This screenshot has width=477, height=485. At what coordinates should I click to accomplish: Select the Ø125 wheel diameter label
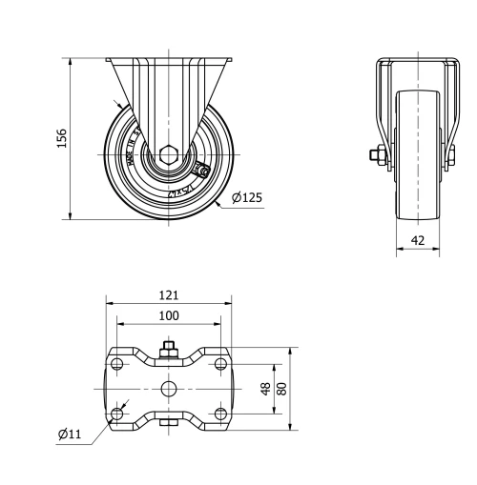[246, 198]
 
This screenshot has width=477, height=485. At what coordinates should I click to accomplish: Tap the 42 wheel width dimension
[417, 240]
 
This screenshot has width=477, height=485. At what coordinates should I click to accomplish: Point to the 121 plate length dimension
[169, 296]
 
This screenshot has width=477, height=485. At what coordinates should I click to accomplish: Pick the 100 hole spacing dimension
[169, 315]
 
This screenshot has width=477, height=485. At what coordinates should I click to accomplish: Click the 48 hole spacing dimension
[265, 389]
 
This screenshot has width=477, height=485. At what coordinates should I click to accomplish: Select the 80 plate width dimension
[281, 389]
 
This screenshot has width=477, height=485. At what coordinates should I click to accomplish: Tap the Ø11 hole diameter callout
[69, 434]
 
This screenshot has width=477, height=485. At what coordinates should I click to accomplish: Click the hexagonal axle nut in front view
[168, 154]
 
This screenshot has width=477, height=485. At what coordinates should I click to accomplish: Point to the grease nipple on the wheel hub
[202, 170]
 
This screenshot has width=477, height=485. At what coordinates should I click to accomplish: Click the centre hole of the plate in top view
[169, 388]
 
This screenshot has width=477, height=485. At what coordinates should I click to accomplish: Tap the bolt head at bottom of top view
[169, 424]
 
